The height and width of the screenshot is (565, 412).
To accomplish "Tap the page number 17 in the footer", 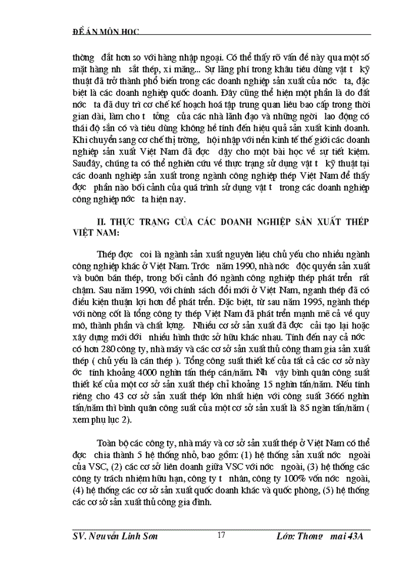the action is pos(221,535).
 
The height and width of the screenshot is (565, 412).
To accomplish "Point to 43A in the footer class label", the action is pos(359,536).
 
